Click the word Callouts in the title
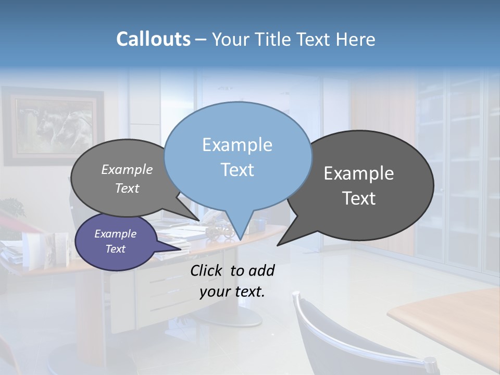pos(153,40)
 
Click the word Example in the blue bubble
pos(238,145)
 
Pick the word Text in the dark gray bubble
pos(359,198)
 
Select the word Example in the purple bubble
pos(116,234)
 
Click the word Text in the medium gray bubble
pos(127,189)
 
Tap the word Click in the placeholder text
pos(207,270)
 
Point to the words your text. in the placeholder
pos(232,292)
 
